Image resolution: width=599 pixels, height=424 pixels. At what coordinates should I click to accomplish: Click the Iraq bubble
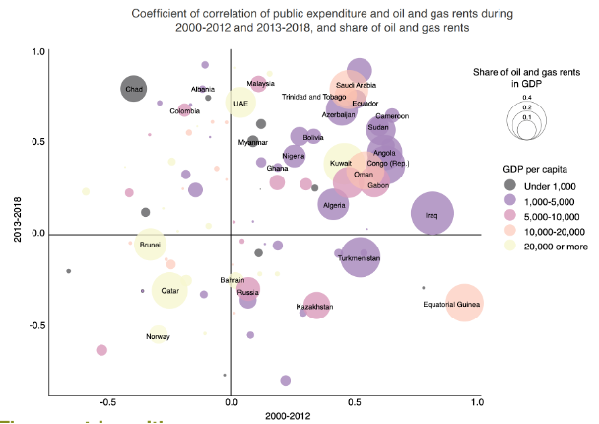click(433, 213)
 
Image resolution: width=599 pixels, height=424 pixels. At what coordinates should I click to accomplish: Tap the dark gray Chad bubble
click(135, 90)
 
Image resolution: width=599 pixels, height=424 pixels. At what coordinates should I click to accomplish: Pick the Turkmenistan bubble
click(361, 257)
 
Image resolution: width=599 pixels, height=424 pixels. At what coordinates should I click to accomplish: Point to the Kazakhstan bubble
click(316, 307)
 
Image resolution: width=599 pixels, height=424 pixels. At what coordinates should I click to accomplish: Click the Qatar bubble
click(170, 290)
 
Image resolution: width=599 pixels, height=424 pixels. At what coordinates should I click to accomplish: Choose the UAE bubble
click(240, 103)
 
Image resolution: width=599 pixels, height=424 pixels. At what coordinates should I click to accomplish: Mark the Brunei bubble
click(150, 244)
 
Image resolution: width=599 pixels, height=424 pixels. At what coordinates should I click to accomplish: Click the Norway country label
click(158, 337)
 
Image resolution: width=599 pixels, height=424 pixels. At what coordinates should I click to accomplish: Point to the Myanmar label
click(253, 143)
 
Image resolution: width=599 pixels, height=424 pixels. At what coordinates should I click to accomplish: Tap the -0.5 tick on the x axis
click(107, 402)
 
